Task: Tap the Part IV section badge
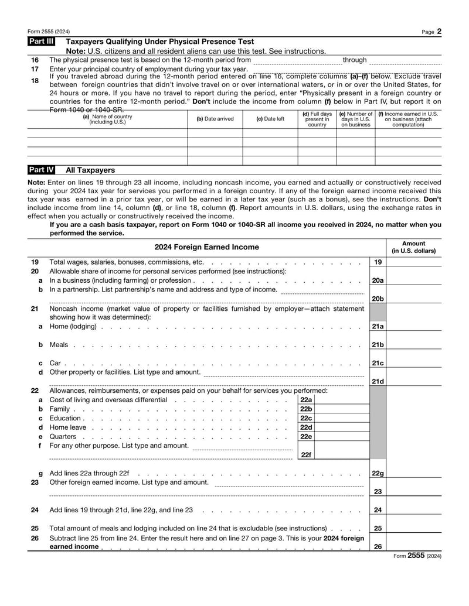42,170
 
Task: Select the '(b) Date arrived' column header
215,119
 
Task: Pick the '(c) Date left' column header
270,119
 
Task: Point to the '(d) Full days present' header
317,119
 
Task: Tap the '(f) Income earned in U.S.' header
408,119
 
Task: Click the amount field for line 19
414,262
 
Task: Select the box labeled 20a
378,280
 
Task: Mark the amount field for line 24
414,510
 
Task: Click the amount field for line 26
414,546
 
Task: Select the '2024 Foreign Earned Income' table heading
206,247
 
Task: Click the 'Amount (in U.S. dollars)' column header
414,247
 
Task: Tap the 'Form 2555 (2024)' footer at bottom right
416,556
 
